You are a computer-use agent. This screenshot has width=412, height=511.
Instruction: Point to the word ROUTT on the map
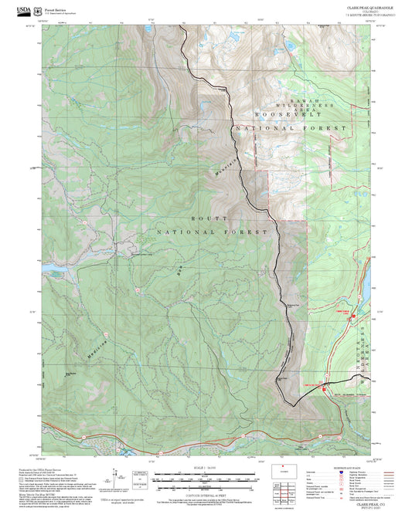coord(200,219)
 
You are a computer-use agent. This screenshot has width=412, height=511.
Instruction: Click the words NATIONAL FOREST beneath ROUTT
coord(213,232)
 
